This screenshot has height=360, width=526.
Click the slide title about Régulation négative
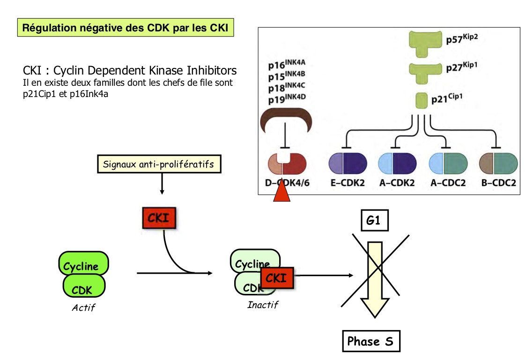[126, 28]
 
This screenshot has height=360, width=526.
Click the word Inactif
[262, 305]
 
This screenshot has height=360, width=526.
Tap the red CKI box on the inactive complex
[276, 278]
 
